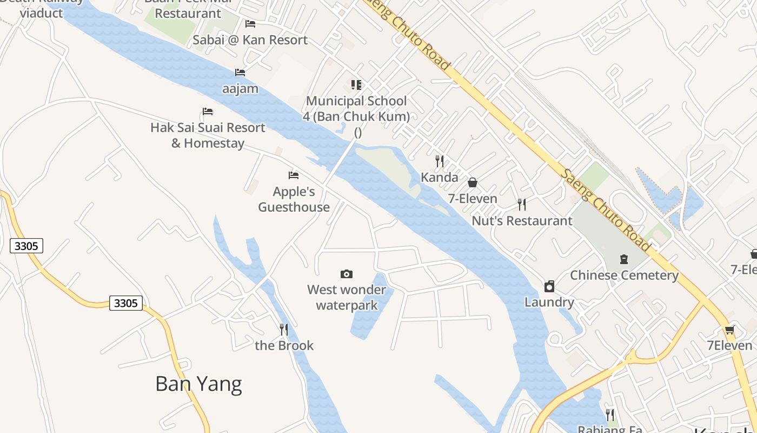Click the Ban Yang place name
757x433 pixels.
tap(198, 384)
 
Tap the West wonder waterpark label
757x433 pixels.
tap(347, 297)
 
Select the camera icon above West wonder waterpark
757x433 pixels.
tap(347, 274)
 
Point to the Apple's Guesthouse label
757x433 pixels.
tap(294, 199)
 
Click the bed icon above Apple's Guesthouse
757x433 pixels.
tap(294, 175)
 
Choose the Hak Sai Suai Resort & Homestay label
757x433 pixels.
tap(208, 135)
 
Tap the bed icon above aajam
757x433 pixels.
tap(240, 72)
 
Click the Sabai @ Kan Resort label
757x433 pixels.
tap(250, 40)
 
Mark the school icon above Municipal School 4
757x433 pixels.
tap(356, 84)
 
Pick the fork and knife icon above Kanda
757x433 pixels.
tap(440, 161)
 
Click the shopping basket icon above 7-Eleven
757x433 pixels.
tap(473, 182)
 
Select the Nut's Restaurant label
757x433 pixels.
tap(522, 221)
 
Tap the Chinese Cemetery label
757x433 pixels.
tap(624, 275)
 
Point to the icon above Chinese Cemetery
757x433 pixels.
tap(624, 259)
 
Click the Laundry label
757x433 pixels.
tap(549, 302)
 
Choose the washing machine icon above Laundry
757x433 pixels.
tap(549, 286)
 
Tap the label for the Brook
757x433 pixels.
tap(284, 345)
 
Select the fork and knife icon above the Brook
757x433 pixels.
tap(283, 329)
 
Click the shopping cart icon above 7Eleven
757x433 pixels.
tap(729, 330)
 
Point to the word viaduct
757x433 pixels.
tap(42, 12)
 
